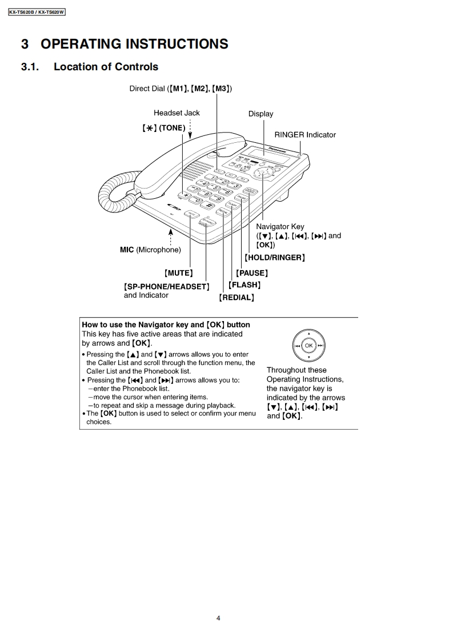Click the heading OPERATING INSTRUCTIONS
click(x=124, y=44)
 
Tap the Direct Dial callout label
click(x=180, y=89)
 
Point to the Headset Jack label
click(x=177, y=113)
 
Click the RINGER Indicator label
click(x=305, y=135)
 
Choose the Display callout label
click(x=260, y=114)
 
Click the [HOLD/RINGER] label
click(x=274, y=258)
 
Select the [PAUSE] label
click(x=251, y=273)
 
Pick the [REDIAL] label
click(x=236, y=298)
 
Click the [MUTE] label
click(x=178, y=273)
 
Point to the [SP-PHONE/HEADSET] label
click(x=166, y=286)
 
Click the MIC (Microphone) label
click(x=150, y=250)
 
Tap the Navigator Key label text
click(x=280, y=227)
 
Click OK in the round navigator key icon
click(x=308, y=346)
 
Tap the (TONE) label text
click(x=173, y=128)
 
